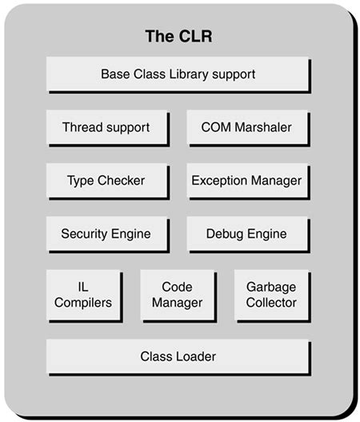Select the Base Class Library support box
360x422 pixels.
pyautogui.click(x=178, y=74)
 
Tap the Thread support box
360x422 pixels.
pyautogui.click(x=106, y=127)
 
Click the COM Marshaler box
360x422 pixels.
pyautogui.click(x=246, y=127)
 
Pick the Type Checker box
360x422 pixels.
pyautogui.click(x=106, y=181)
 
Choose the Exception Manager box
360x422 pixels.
pyautogui.click(x=246, y=181)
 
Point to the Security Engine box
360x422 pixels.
pyautogui.click(x=106, y=235)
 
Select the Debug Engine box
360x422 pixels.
pyautogui.click(x=246, y=235)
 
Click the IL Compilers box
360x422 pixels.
pyautogui.click(x=84, y=295)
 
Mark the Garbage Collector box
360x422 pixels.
pyautogui.click(x=271, y=295)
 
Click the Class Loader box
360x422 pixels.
pyautogui.click(x=178, y=356)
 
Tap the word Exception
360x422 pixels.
pyautogui.click(x=218, y=181)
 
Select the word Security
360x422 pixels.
pyautogui.click(x=85, y=235)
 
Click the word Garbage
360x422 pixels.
pyautogui.click(x=271, y=287)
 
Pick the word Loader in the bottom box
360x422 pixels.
pyautogui.click(x=197, y=356)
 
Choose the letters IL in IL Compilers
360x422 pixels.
pyautogui.click(x=84, y=287)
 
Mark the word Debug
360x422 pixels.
pyautogui.click(x=225, y=235)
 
